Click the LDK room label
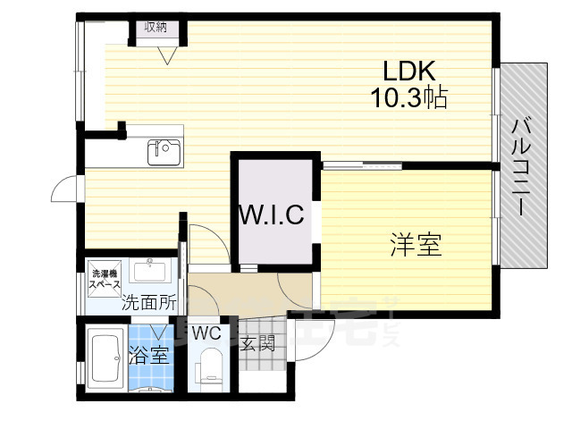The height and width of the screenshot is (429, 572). [408, 71]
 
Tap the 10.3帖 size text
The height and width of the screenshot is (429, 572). [408, 97]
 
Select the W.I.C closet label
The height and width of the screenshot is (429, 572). [273, 214]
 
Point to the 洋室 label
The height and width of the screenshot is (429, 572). [416, 244]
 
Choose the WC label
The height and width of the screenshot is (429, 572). [206, 333]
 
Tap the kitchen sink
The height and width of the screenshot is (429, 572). [164, 153]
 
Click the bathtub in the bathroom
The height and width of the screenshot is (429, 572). [106, 358]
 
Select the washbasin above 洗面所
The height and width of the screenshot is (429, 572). [149, 271]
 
